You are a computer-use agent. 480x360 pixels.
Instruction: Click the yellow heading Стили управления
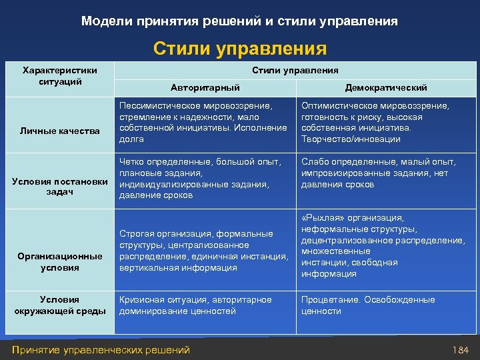click(x=240, y=49)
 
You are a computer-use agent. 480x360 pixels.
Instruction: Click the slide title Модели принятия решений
click(x=239, y=21)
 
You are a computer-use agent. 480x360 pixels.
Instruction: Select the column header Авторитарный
click(x=205, y=87)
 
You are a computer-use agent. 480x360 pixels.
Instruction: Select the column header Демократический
click(x=386, y=87)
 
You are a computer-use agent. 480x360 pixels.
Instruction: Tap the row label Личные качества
click(x=60, y=131)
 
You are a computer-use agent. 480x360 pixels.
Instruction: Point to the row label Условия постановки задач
click(x=60, y=187)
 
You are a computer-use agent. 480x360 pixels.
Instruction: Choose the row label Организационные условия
click(x=60, y=262)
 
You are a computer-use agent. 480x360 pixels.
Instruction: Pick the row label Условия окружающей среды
click(x=60, y=305)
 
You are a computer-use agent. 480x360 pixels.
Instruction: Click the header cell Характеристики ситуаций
click(x=60, y=76)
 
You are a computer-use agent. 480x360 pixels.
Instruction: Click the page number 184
click(x=461, y=350)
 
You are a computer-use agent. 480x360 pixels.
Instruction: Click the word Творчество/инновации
click(x=351, y=139)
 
